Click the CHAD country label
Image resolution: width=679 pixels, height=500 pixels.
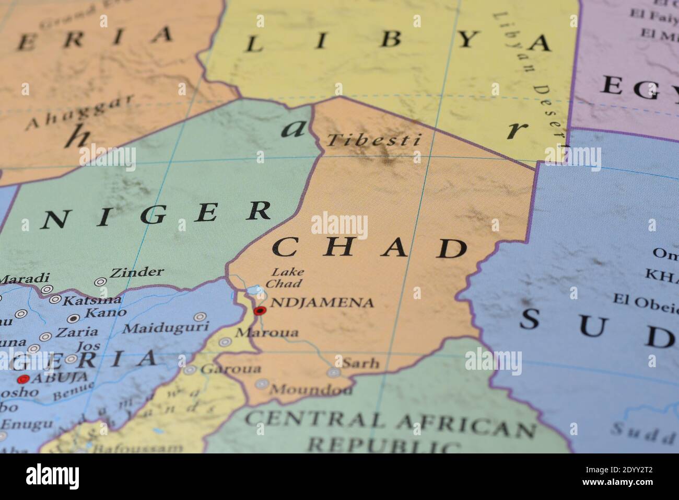pyautogui.click(x=370, y=248)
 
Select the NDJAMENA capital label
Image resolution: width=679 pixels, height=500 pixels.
pyautogui.click(x=322, y=302)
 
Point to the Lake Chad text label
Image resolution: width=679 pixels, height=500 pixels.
pyautogui.click(x=284, y=278)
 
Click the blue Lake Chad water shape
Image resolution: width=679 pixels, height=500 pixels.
pyautogui.click(x=255, y=290)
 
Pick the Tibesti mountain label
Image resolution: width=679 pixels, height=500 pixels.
pyautogui.click(x=373, y=140)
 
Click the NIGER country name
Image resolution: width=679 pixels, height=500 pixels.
pyautogui.click(x=157, y=215)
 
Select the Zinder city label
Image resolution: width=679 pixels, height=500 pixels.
pyautogui.click(x=137, y=272)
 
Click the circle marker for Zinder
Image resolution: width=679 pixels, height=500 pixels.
pyautogui.click(x=100, y=281)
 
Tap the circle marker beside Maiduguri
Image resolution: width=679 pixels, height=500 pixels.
pyautogui.click(x=199, y=316)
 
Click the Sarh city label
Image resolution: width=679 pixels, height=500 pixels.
pyautogui.click(x=360, y=362)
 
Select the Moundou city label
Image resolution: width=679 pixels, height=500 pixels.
pyautogui.click(x=310, y=390)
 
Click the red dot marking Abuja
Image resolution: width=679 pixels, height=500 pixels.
pyautogui.click(x=22, y=379)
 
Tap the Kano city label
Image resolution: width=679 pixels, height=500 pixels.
pyautogui.click(x=106, y=313)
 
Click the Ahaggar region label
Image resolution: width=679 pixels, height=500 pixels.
pyautogui.click(x=80, y=112)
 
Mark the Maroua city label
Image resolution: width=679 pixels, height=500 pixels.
pyautogui.click(x=267, y=333)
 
